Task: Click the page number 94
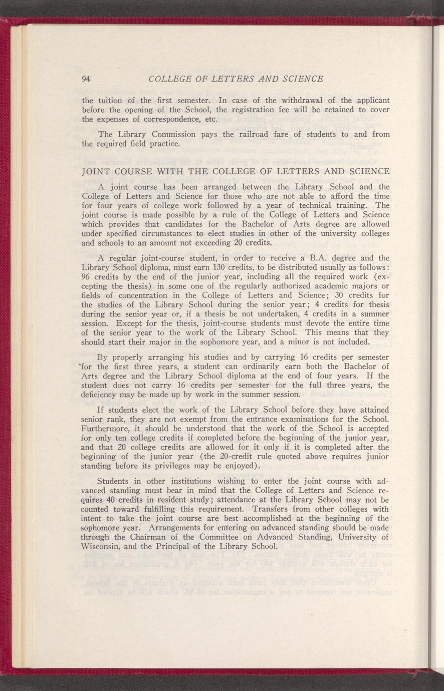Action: click(x=86, y=79)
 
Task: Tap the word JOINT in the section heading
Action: click(x=95, y=171)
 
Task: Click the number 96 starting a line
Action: click(x=86, y=276)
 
